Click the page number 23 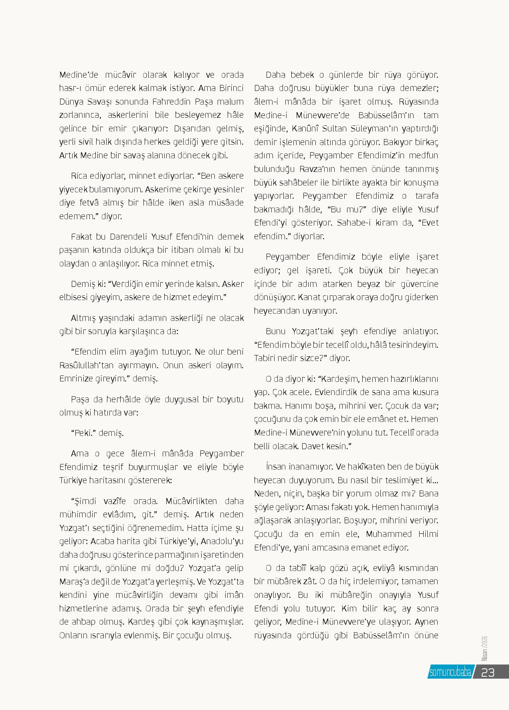pyautogui.click(x=488, y=672)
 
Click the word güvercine pyautogui.click(x=418, y=284)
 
